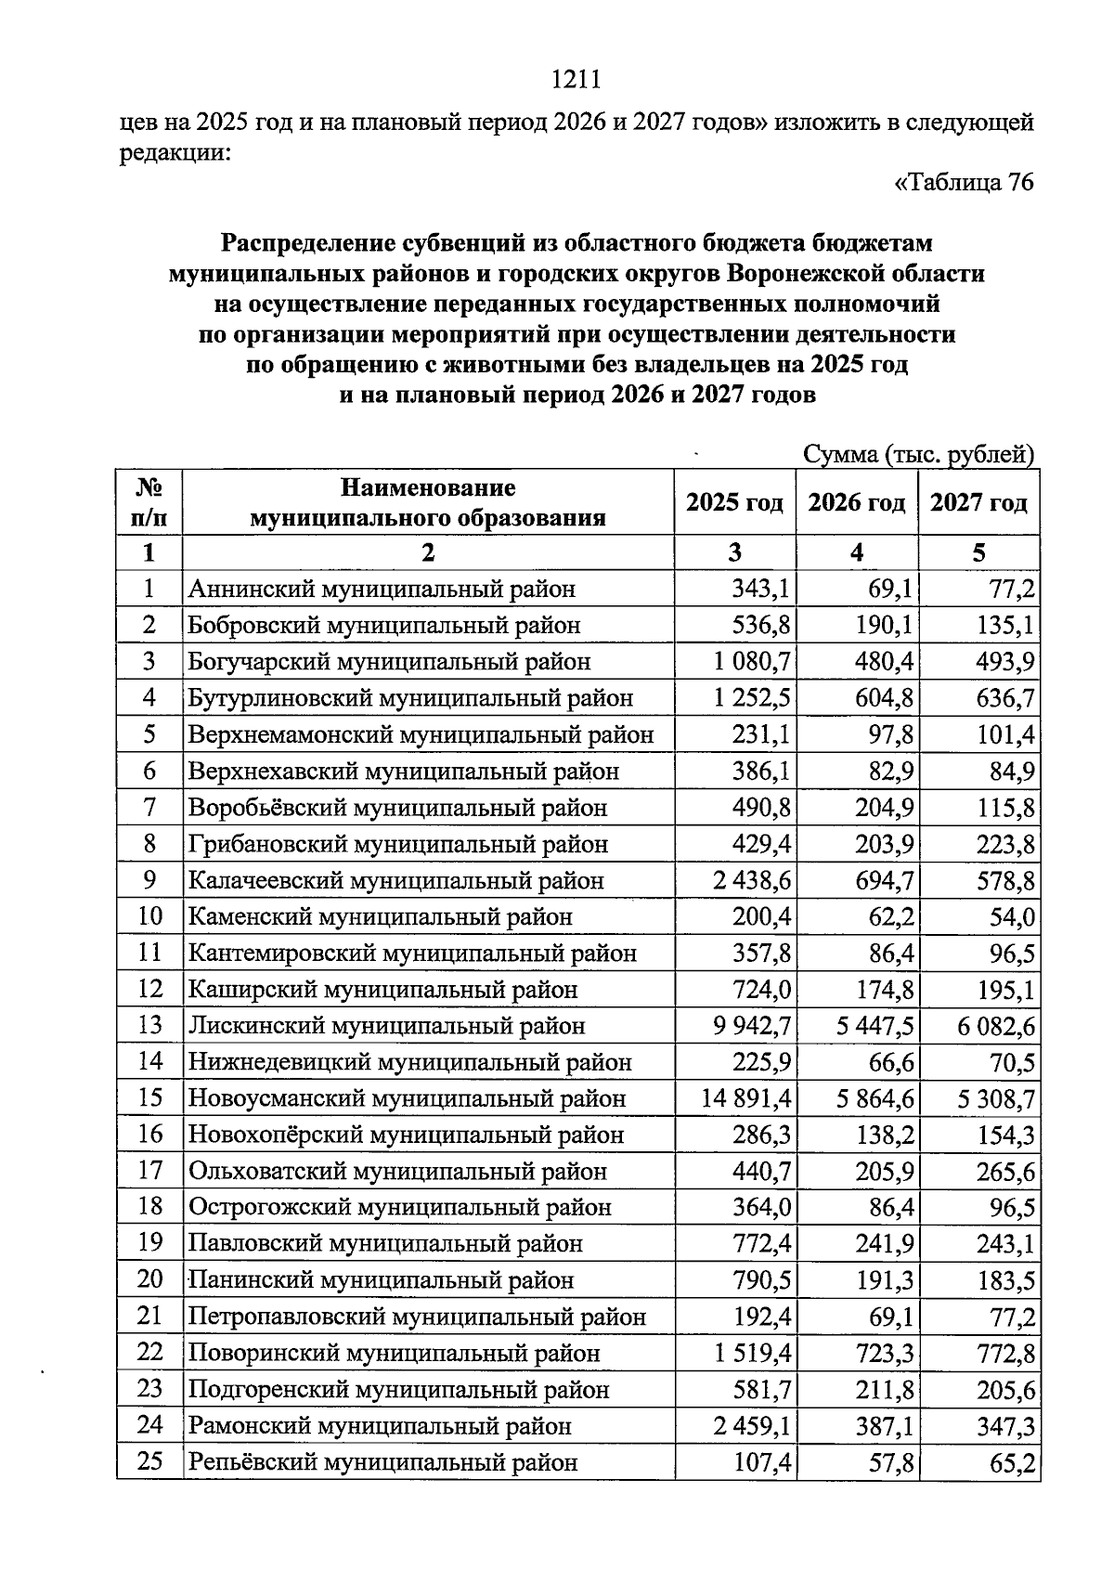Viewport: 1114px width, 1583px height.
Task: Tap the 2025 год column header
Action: (x=734, y=503)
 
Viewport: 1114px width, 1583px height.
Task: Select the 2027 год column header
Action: (x=978, y=503)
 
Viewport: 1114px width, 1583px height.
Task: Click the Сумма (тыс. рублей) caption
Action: (x=918, y=455)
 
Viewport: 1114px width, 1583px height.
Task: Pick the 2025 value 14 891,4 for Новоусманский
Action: (x=747, y=1099)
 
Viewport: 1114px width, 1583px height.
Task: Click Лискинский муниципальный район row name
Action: (x=387, y=1026)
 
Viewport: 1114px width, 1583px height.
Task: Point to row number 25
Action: (x=149, y=1462)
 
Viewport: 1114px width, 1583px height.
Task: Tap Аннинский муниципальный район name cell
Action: (x=382, y=590)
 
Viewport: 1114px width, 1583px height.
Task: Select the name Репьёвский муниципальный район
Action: (x=382, y=1463)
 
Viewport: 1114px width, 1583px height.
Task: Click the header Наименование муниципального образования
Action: (x=427, y=502)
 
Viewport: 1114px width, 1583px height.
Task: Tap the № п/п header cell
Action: (x=149, y=502)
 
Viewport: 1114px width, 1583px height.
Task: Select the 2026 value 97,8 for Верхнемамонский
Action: (x=888, y=735)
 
